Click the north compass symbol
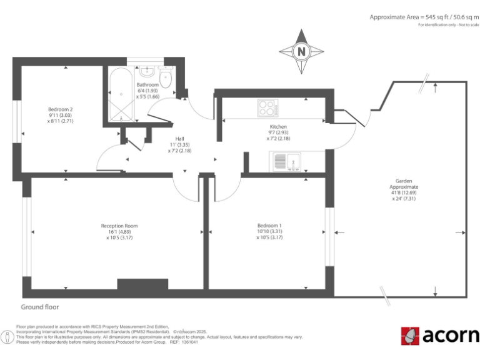302,50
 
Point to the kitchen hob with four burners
267,108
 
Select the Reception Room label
119,226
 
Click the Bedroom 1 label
269,226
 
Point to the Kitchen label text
278,126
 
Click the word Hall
179,139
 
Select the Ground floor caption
39,307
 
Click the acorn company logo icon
409,336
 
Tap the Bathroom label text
148,85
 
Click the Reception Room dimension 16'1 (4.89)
119,232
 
